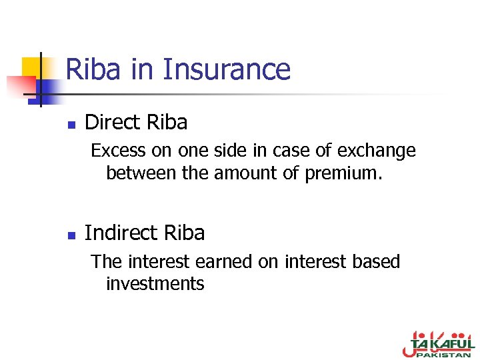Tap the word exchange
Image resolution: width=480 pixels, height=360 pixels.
[x=377, y=151]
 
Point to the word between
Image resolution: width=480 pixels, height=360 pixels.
[x=139, y=173]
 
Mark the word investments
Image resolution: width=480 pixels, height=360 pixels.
[x=155, y=284]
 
